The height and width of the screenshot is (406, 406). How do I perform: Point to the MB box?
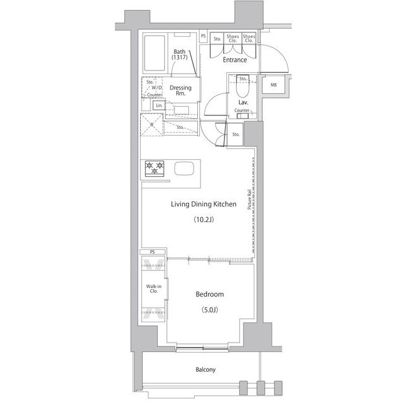coord(273,85)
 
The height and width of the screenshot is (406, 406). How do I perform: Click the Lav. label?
coord(242,101)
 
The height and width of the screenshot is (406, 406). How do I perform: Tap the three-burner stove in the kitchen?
coord(155,169)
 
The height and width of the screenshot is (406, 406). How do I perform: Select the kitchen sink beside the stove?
coord(185,169)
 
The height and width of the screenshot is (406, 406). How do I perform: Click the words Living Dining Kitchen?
coord(204,204)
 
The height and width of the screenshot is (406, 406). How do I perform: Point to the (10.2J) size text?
coord(204,220)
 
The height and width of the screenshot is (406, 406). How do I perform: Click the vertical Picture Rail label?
coord(250,200)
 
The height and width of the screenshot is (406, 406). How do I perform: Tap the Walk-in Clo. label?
coord(153,289)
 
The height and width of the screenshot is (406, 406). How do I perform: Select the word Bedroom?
coord(209,294)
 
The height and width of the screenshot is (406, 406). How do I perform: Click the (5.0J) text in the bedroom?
coord(209,310)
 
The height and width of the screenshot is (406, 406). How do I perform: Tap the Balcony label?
coord(205,370)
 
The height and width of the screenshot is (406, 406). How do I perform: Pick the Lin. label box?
coord(157,105)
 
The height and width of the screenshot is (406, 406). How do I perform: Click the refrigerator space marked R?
coord(152,125)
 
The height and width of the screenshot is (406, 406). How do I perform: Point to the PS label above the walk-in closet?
coord(152,252)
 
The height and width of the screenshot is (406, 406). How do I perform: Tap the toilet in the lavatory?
coord(242,86)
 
